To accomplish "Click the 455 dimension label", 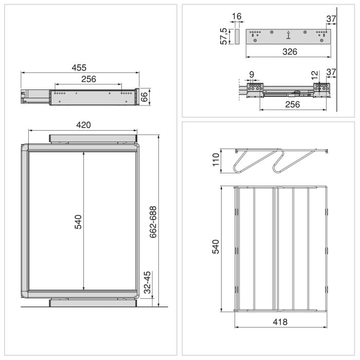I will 79,67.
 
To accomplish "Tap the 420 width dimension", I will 83,124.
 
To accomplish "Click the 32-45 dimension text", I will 147,283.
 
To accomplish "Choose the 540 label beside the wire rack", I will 216,246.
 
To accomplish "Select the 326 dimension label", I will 288,52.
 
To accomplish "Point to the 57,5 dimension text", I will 224,37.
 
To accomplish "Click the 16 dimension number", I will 237,17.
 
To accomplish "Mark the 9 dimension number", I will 251,75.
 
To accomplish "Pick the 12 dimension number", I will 315,75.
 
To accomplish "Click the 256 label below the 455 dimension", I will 88,79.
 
